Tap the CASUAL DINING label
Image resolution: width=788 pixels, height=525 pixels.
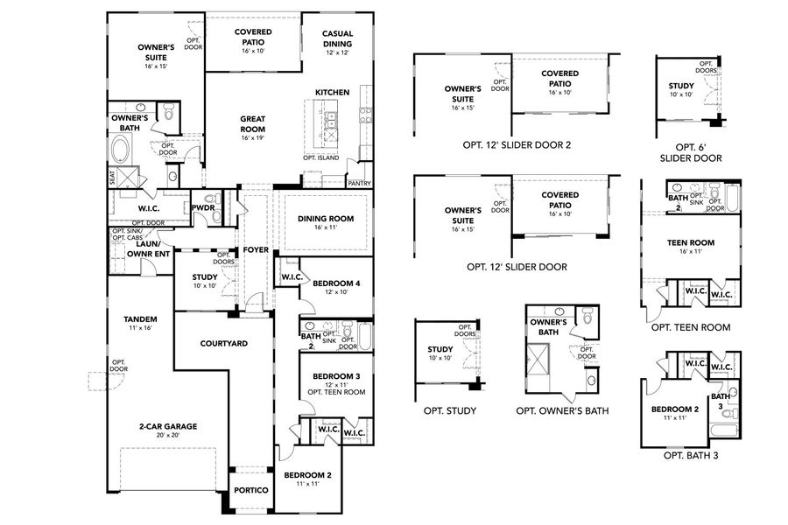[x=337, y=38]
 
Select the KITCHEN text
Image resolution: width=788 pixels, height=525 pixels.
[x=332, y=92]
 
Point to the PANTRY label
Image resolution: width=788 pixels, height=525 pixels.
[x=359, y=184]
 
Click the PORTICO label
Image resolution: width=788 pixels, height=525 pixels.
[x=250, y=490]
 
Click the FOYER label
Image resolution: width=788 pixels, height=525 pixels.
[x=256, y=249]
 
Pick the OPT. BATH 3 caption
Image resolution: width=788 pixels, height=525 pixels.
[x=690, y=455]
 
